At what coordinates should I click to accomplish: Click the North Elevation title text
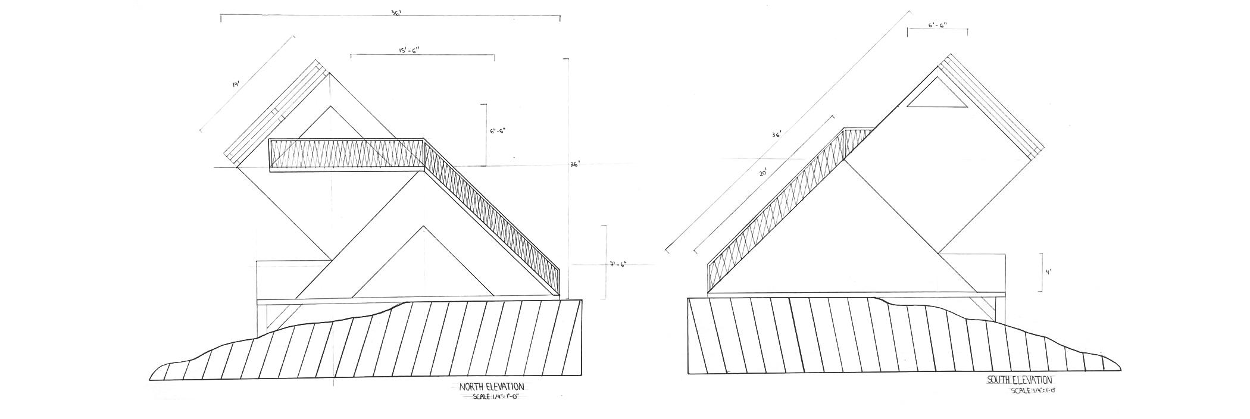492,387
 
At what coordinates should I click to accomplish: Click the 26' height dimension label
574,165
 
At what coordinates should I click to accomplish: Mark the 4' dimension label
1049,272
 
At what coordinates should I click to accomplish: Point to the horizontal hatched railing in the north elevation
346,154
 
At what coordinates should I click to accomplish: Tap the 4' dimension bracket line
1041,272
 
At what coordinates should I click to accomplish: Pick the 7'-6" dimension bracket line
606,262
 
